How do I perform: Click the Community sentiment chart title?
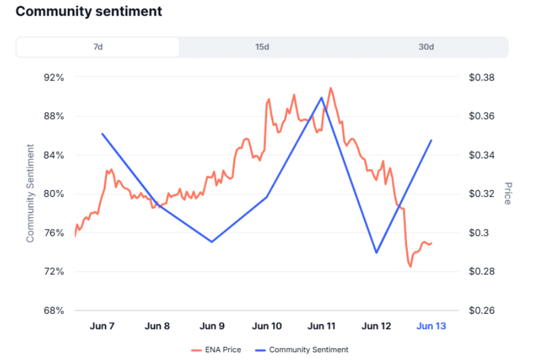click(x=88, y=11)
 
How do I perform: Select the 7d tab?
click(x=97, y=47)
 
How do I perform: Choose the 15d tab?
click(x=262, y=47)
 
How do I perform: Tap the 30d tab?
click(x=426, y=47)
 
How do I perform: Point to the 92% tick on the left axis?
click(x=54, y=77)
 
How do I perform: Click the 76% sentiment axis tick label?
click(x=54, y=233)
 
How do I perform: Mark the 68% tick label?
click(x=54, y=311)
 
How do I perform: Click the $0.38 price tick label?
click(x=482, y=77)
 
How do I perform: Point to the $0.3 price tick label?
click(x=479, y=233)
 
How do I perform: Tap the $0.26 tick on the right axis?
click(x=482, y=311)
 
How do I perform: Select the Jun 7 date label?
click(x=102, y=326)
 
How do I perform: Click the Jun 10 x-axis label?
click(x=267, y=326)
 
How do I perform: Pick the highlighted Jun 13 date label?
click(x=431, y=326)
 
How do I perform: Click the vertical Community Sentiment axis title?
click(x=30, y=193)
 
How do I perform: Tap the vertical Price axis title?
click(x=508, y=193)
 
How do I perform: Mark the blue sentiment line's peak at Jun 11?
click(x=322, y=97)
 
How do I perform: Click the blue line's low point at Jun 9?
click(x=212, y=242)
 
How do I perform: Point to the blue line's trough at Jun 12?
click(x=376, y=253)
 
